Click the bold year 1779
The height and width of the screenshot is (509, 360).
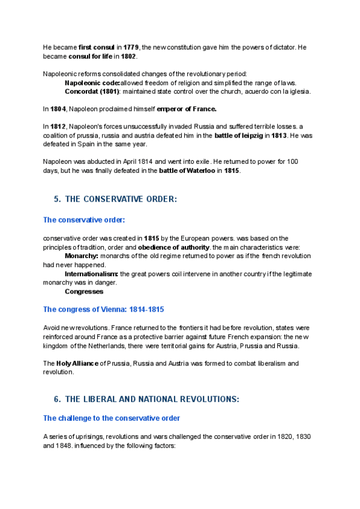pyautogui.click(x=131, y=47)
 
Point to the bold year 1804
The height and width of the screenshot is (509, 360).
pyautogui.click(x=58, y=109)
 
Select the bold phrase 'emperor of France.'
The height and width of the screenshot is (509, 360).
pyautogui.click(x=186, y=109)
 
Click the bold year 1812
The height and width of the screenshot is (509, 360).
pyautogui.click(x=58, y=127)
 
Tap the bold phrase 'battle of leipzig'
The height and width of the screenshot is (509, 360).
pyautogui.click(x=238, y=136)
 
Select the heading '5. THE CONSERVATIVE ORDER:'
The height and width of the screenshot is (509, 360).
pyautogui.click(x=116, y=199)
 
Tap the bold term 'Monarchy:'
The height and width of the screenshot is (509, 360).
pyautogui.click(x=81, y=256)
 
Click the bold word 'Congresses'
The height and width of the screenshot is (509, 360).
pyautogui.click(x=84, y=292)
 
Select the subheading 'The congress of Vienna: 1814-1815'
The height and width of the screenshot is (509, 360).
pyautogui.click(x=103, y=310)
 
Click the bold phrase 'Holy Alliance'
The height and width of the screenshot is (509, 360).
pyautogui.click(x=77, y=363)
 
